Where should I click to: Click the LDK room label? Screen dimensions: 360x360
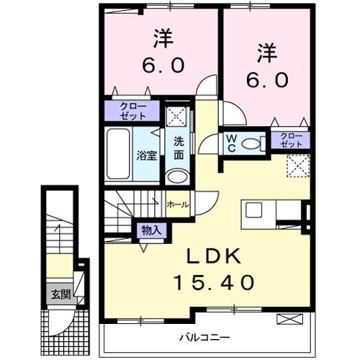(x=214, y=256)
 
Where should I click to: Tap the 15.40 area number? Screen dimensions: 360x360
(x=214, y=282)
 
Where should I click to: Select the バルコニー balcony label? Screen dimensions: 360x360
(x=204, y=338)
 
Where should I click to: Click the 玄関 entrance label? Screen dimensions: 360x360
(x=61, y=294)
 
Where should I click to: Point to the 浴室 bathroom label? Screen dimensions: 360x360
(x=147, y=156)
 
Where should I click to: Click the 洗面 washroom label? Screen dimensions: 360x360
(x=179, y=148)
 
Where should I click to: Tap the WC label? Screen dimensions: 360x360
(x=232, y=143)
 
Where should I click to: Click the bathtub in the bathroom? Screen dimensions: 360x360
(x=118, y=154)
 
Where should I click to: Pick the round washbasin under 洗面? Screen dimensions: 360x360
(x=178, y=176)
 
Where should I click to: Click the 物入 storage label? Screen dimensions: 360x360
(x=151, y=230)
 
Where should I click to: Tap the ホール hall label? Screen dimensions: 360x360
(x=178, y=204)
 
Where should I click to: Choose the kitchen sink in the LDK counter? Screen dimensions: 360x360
(x=253, y=210)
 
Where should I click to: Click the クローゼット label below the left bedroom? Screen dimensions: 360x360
(x=132, y=111)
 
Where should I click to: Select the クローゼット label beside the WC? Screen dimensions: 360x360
(x=292, y=140)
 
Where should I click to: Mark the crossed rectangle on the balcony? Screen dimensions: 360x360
(x=290, y=319)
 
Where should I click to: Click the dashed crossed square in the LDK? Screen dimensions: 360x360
(x=298, y=166)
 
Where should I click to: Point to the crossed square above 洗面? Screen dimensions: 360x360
(x=177, y=117)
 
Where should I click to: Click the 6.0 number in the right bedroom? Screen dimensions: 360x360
(x=267, y=81)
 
